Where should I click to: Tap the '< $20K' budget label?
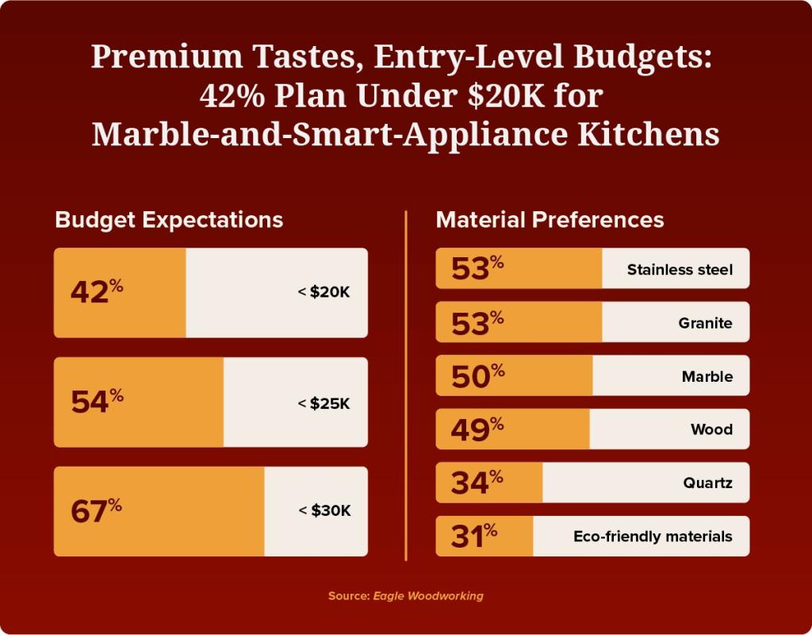tap(324, 292)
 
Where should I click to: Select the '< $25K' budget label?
tap(324, 403)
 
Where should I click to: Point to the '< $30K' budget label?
tap(324, 510)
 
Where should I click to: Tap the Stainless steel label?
tap(680, 270)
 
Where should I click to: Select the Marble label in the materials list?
tap(707, 377)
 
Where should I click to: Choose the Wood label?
tap(711, 430)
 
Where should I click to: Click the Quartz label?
tap(708, 483)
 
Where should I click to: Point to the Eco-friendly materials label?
tap(653, 537)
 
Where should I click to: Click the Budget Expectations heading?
tap(169, 220)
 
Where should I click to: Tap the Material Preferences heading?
tap(550, 220)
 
